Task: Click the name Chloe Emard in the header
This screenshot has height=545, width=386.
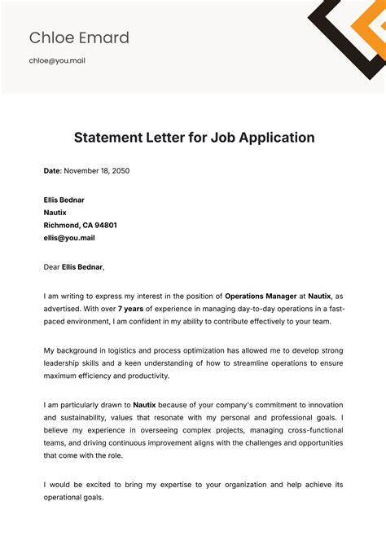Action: pyautogui.click(x=79, y=37)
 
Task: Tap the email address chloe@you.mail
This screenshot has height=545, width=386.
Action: pyautogui.click(x=57, y=60)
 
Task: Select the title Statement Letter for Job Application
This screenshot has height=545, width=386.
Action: pyautogui.click(x=194, y=138)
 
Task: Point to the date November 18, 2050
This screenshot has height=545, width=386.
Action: pyautogui.click(x=97, y=171)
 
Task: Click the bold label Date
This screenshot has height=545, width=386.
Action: pyautogui.click(x=52, y=171)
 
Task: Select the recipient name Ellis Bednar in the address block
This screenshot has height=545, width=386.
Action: pyautogui.click(x=64, y=200)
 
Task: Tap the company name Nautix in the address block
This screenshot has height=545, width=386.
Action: pyautogui.click(x=56, y=213)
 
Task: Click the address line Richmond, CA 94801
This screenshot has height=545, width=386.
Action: pyautogui.click(x=80, y=225)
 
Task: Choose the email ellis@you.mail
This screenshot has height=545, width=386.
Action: pyautogui.click(x=69, y=238)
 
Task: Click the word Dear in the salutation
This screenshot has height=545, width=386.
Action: pyautogui.click(x=51, y=266)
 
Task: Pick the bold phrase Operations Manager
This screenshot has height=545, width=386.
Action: pyautogui.click(x=260, y=296)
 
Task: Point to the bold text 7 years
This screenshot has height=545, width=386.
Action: pyautogui.click(x=131, y=309)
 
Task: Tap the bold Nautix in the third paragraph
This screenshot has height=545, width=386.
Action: pyautogui.click(x=144, y=405)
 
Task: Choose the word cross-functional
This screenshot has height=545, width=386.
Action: pyautogui.click(x=313, y=430)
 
